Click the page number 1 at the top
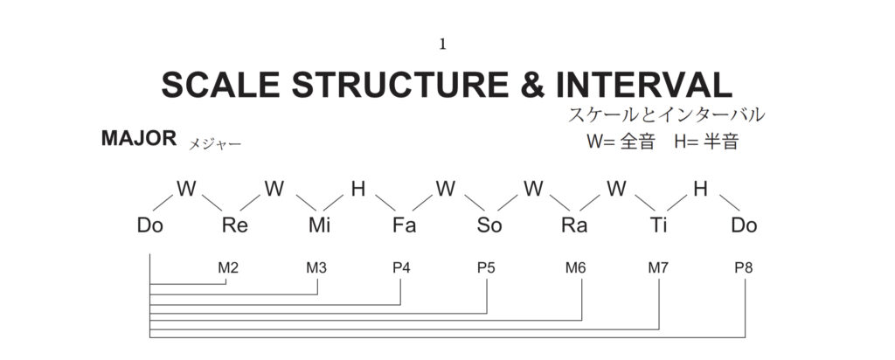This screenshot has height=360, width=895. point(443,45)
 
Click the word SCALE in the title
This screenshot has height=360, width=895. point(220,85)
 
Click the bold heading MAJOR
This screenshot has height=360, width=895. point(140,139)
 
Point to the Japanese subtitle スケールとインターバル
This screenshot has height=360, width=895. point(666,115)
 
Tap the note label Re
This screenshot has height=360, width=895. point(235,225)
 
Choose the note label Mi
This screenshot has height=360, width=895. point(320,225)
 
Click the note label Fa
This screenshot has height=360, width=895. point(404,225)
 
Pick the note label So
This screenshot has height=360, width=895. point(489,225)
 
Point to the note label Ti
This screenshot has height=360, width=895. point(659,225)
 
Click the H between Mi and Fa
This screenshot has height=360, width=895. point(358,188)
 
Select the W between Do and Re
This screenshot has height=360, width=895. point(185,188)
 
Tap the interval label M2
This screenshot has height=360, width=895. point(228,267)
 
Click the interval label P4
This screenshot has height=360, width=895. point(401,267)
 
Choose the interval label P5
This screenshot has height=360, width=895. point(486,267)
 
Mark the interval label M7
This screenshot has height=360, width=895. point(658,267)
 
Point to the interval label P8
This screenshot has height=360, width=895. point(744,267)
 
